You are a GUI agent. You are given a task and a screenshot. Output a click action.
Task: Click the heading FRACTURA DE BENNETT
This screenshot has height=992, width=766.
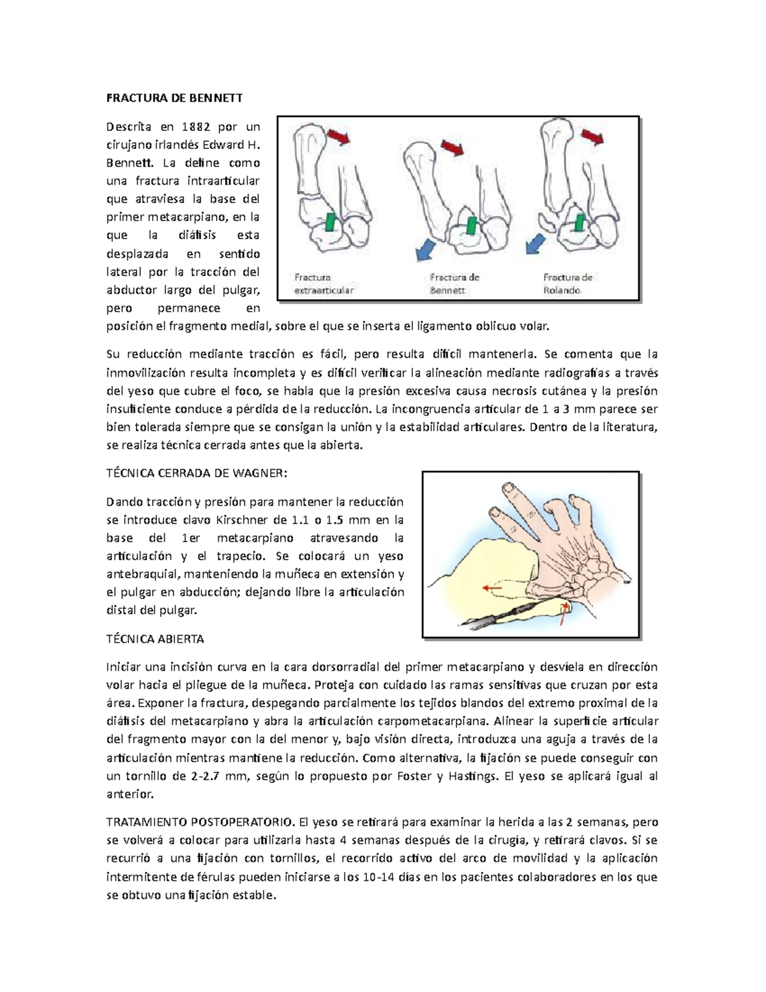pyautogui.click(x=174, y=98)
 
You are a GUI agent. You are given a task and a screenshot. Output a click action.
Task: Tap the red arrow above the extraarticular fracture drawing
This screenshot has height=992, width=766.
pyautogui.click(x=339, y=136)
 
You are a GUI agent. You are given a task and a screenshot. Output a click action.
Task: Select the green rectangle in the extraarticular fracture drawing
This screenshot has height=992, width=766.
pyautogui.click(x=331, y=222)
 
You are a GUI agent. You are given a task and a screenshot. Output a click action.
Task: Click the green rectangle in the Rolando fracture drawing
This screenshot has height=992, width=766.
pyautogui.click(x=580, y=222)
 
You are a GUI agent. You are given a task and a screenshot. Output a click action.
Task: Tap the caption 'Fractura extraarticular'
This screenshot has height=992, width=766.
pyautogui.click(x=323, y=284)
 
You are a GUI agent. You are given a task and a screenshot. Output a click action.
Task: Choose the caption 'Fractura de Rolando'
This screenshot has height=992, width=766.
pyautogui.click(x=568, y=284)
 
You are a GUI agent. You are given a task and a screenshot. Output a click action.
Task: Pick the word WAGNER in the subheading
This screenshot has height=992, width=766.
pyautogui.click(x=260, y=473)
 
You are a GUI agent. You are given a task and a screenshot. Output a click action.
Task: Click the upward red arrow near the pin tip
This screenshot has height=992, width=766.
pyautogui.click(x=563, y=613)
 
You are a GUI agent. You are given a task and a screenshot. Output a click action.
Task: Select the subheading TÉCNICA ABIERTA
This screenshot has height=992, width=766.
pyautogui.click(x=155, y=639)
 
